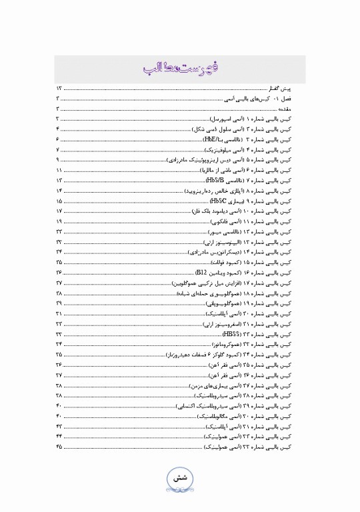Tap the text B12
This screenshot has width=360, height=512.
tap(203, 273)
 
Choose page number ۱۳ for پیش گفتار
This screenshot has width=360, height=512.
tap(59, 88)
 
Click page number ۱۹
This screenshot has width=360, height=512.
tap(59, 220)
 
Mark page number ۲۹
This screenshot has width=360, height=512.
tap(59, 303)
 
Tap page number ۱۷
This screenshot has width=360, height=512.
tap(59, 210)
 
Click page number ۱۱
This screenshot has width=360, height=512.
tap(59, 171)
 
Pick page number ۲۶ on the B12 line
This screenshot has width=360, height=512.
tap(59, 273)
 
